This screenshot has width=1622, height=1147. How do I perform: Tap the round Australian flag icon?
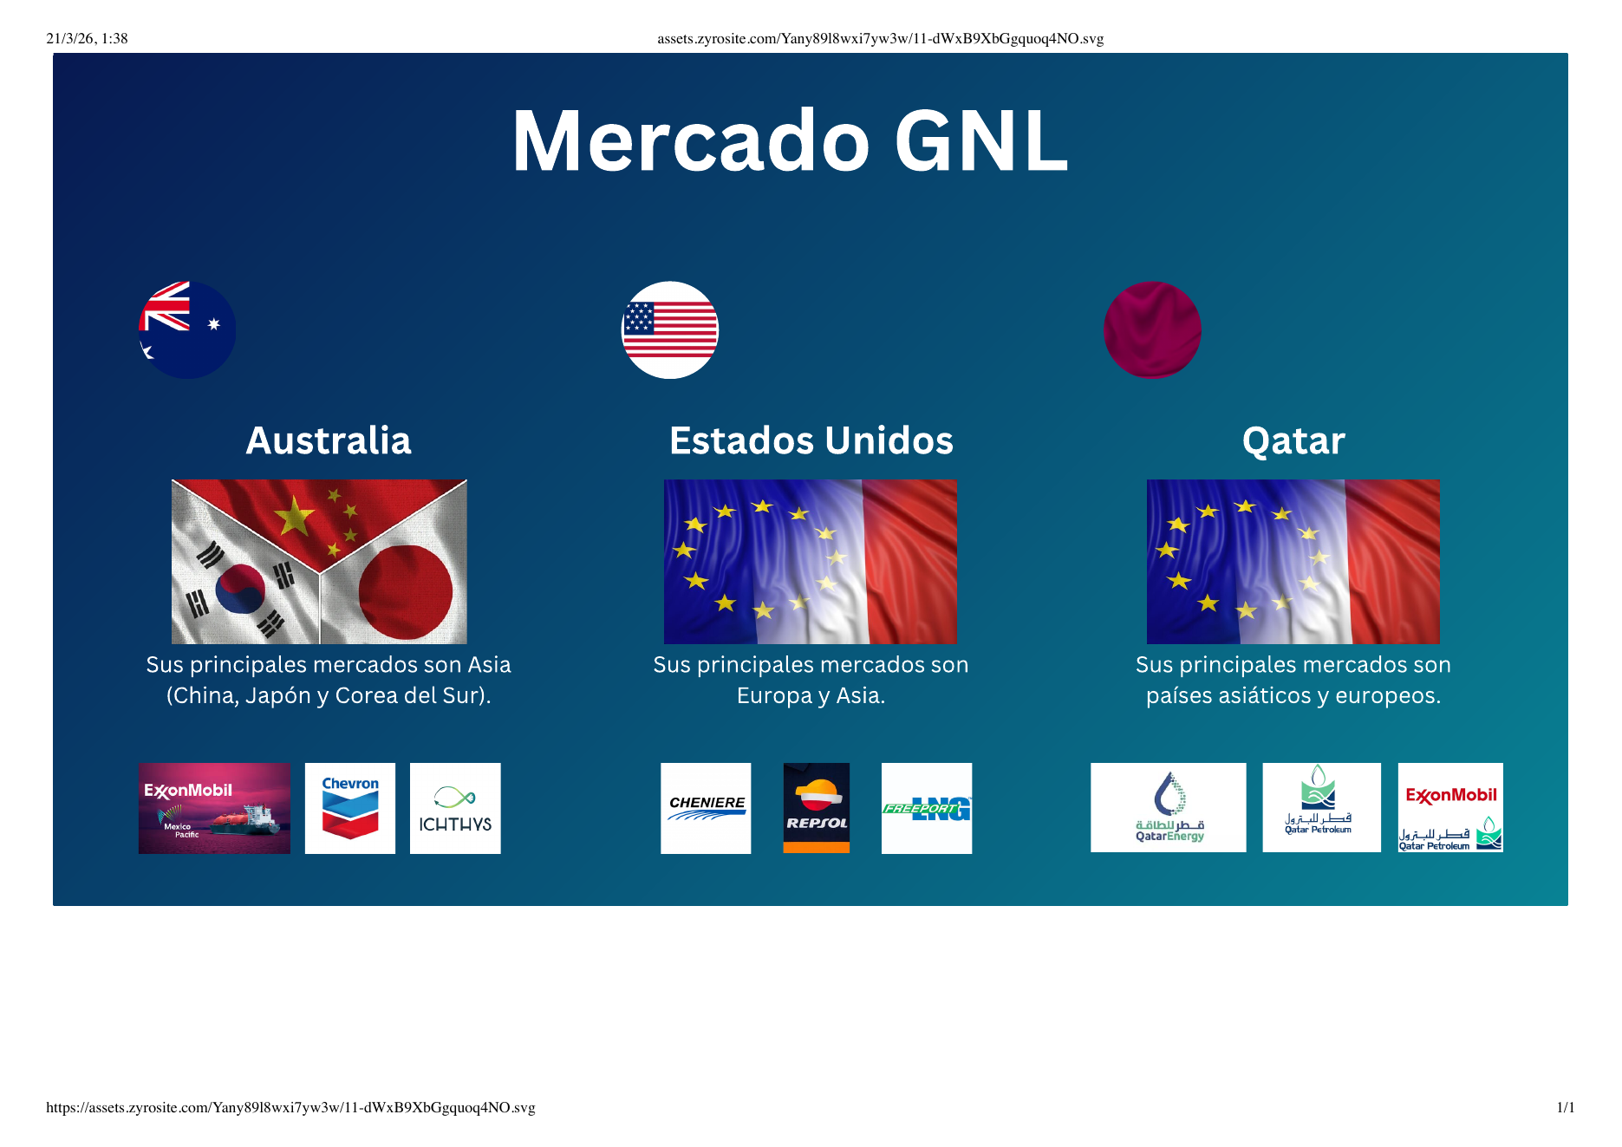tap(187, 329)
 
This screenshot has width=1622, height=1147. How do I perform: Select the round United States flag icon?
tap(670, 329)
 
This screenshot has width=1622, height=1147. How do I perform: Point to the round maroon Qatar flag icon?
tap(1152, 329)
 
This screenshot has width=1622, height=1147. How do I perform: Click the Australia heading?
tap(329, 440)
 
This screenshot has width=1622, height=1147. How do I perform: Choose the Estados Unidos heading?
tap(811, 440)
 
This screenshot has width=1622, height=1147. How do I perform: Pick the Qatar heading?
tap(1293, 440)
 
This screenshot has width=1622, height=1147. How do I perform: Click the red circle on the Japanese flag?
tap(405, 592)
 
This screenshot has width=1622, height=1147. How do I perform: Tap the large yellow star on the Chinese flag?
tap(295, 517)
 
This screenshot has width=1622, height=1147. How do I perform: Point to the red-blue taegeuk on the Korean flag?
tap(240, 589)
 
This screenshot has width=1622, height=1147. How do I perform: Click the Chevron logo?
tap(350, 808)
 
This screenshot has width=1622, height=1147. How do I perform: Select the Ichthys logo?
tap(455, 808)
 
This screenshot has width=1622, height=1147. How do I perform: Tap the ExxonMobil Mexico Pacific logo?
tap(214, 808)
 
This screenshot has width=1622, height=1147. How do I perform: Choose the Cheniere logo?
tap(706, 808)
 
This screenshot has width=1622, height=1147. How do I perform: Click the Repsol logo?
tap(816, 808)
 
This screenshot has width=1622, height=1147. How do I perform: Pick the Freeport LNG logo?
tap(926, 808)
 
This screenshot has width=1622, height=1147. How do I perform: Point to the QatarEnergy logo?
tap(1168, 808)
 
